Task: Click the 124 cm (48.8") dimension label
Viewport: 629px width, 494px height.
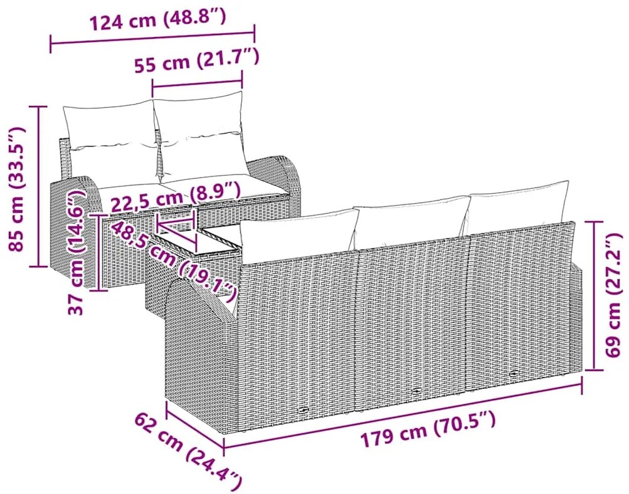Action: [157, 19]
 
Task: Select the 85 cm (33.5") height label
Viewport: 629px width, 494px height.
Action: [17, 188]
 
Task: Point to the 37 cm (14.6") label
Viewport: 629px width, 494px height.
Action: [77, 253]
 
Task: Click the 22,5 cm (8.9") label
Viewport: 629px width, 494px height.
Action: [176, 197]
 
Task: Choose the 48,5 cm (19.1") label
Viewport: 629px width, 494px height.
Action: [172, 261]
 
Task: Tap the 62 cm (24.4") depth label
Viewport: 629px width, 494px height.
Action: [189, 448]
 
